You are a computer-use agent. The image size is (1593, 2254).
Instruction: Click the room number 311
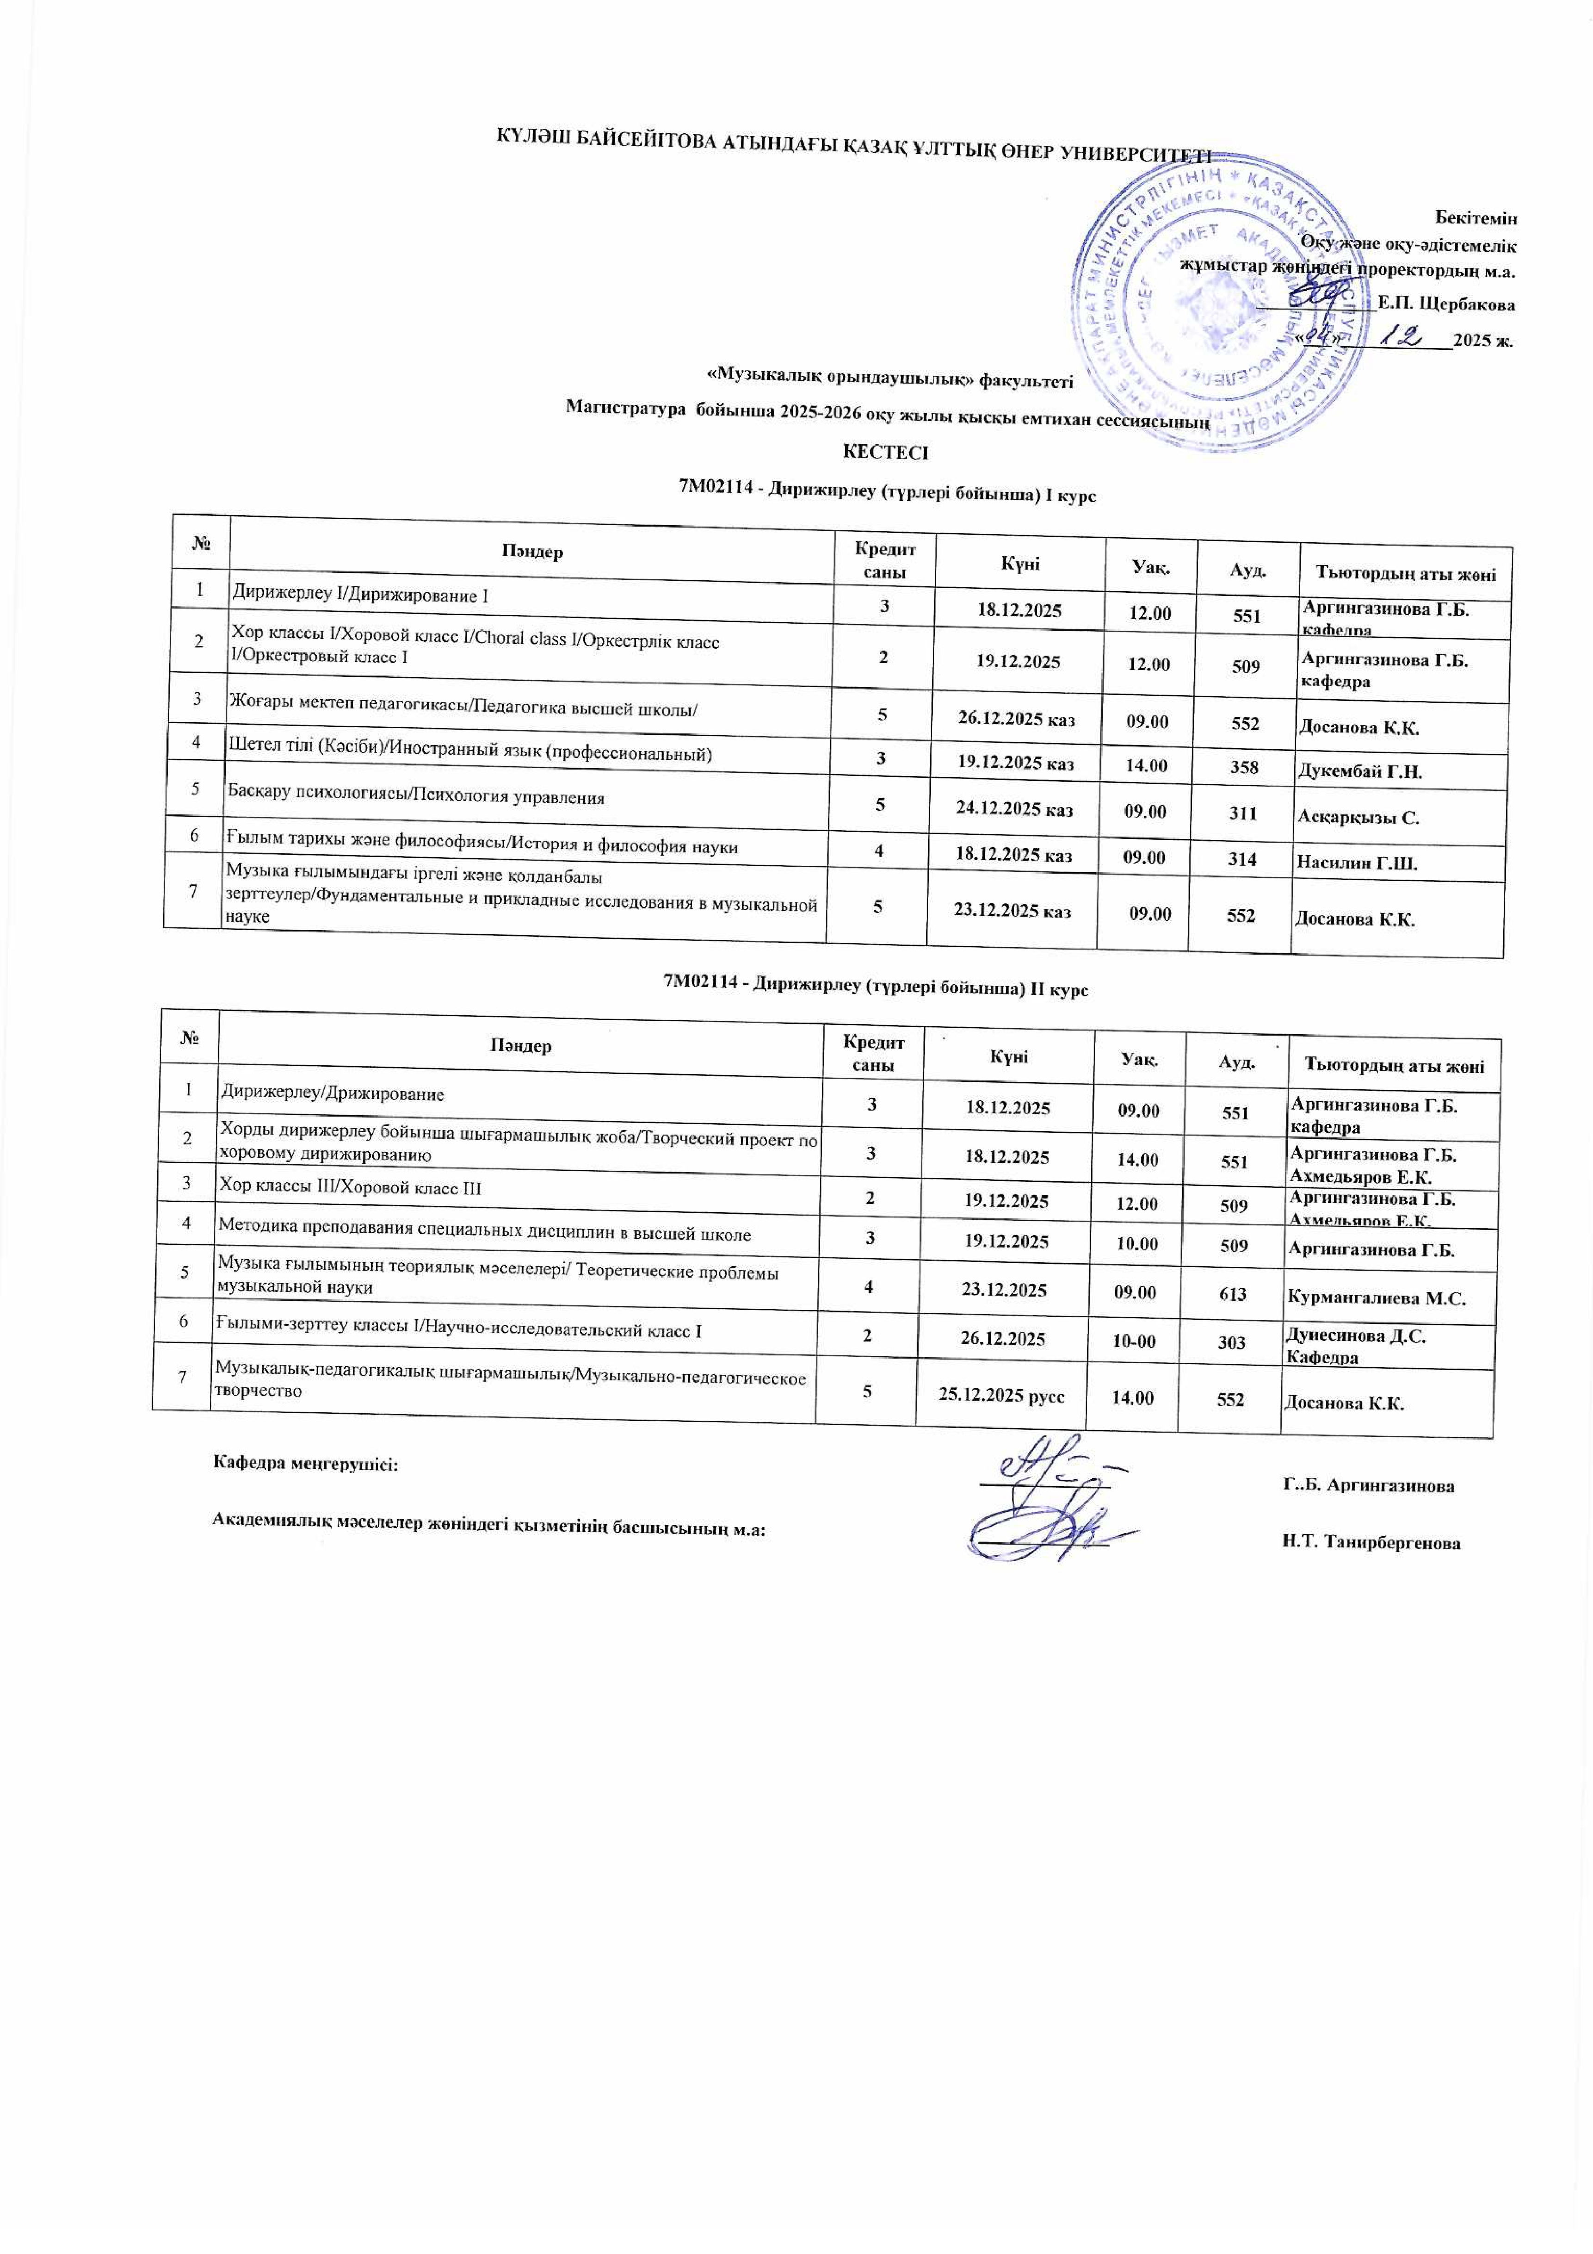(1244, 813)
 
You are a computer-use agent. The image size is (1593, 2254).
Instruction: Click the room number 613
(1233, 1294)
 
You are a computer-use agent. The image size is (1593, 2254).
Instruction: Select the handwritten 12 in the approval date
(1402, 336)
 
